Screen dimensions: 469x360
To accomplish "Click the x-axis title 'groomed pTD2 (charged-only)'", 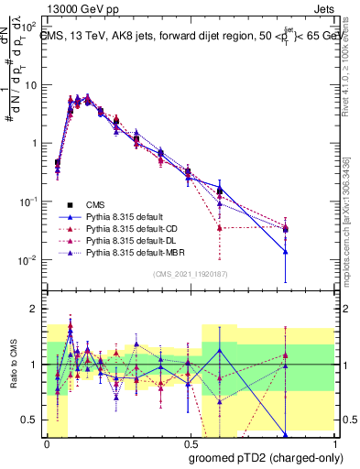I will pyautogui.click(x=266, y=457).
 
